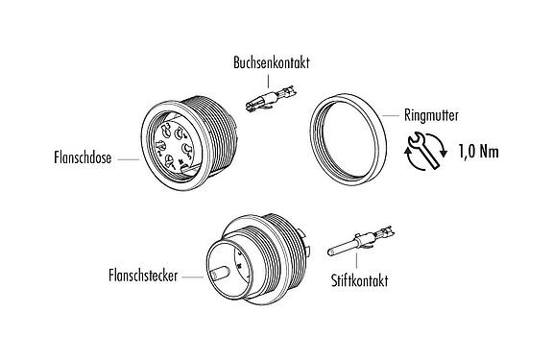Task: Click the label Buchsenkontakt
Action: pyautogui.click(x=271, y=62)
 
